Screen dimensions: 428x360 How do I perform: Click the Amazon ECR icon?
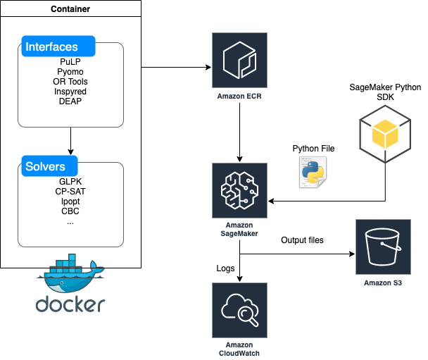pyautogui.click(x=239, y=60)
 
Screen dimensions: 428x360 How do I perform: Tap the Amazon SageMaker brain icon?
pyautogui.click(x=239, y=190)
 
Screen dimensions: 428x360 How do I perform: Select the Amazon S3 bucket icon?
pyautogui.click(x=383, y=247)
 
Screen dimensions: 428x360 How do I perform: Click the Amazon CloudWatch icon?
pyautogui.click(x=239, y=310)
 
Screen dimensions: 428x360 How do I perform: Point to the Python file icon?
pyautogui.click(x=313, y=172)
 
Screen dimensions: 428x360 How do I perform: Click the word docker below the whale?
pyautogui.click(x=70, y=304)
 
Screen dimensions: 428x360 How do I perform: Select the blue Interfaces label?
pyautogui.click(x=58, y=46)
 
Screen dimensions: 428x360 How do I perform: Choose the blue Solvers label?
pyautogui.click(x=50, y=166)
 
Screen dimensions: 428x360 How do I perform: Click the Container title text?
pyautogui.click(x=70, y=9)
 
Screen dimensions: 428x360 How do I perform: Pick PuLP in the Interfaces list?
pyautogui.click(x=70, y=62)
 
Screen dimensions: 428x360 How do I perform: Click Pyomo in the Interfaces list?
pyautogui.click(x=70, y=72)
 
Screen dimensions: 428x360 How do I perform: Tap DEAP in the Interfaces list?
pyautogui.click(x=70, y=101)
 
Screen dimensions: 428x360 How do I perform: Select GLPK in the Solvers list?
pyautogui.click(x=70, y=181)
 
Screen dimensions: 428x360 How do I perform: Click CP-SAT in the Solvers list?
pyautogui.click(x=70, y=191)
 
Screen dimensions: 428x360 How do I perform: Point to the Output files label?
pyautogui.click(x=302, y=240)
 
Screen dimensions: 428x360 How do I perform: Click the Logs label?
pyautogui.click(x=225, y=268)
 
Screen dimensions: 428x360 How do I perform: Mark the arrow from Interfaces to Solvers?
pyautogui.click(x=70, y=141)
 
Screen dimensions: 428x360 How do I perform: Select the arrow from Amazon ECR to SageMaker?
pyautogui.click(x=239, y=132)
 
